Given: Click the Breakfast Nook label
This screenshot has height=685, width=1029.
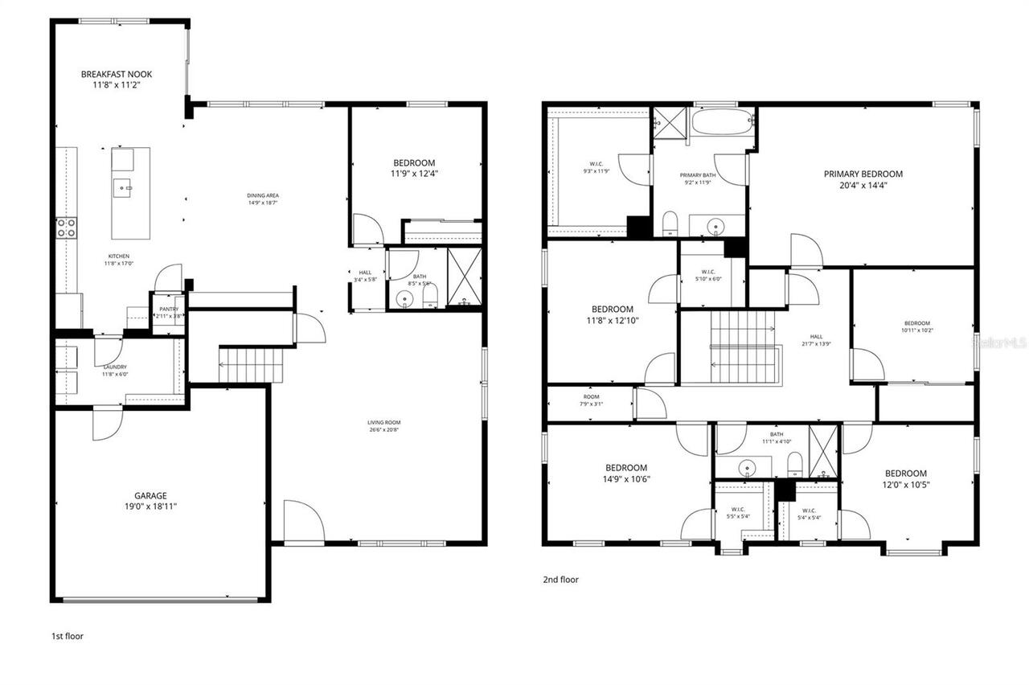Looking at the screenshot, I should (x=117, y=79).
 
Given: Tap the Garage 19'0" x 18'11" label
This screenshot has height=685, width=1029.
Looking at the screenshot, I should (x=150, y=501).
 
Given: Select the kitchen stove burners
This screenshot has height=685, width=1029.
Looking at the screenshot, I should (x=66, y=228).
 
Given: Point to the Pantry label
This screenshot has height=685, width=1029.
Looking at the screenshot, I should (x=169, y=312).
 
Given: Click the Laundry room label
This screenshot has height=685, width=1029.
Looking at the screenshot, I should (x=114, y=370).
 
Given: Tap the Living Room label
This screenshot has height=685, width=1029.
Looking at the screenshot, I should (x=384, y=426).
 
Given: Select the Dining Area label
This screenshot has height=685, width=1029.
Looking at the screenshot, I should (x=263, y=199).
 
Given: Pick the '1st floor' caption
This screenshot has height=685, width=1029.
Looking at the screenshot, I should (x=68, y=636).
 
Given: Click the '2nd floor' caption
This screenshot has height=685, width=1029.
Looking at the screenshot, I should (x=561, y=580).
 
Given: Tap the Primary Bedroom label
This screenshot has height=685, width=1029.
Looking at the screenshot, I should (x=863, y=178).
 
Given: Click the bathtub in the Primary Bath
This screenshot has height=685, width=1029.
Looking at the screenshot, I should (x=723, y=124).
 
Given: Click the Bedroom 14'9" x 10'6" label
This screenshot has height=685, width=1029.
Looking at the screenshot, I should (x=625, y=474).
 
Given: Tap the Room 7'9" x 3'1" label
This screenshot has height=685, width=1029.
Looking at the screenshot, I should (x=592, y=400).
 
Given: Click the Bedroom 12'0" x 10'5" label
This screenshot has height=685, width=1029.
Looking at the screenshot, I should (x=906, y=479).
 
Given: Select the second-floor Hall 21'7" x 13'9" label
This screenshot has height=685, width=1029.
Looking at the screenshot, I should (x=816, y=340).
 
